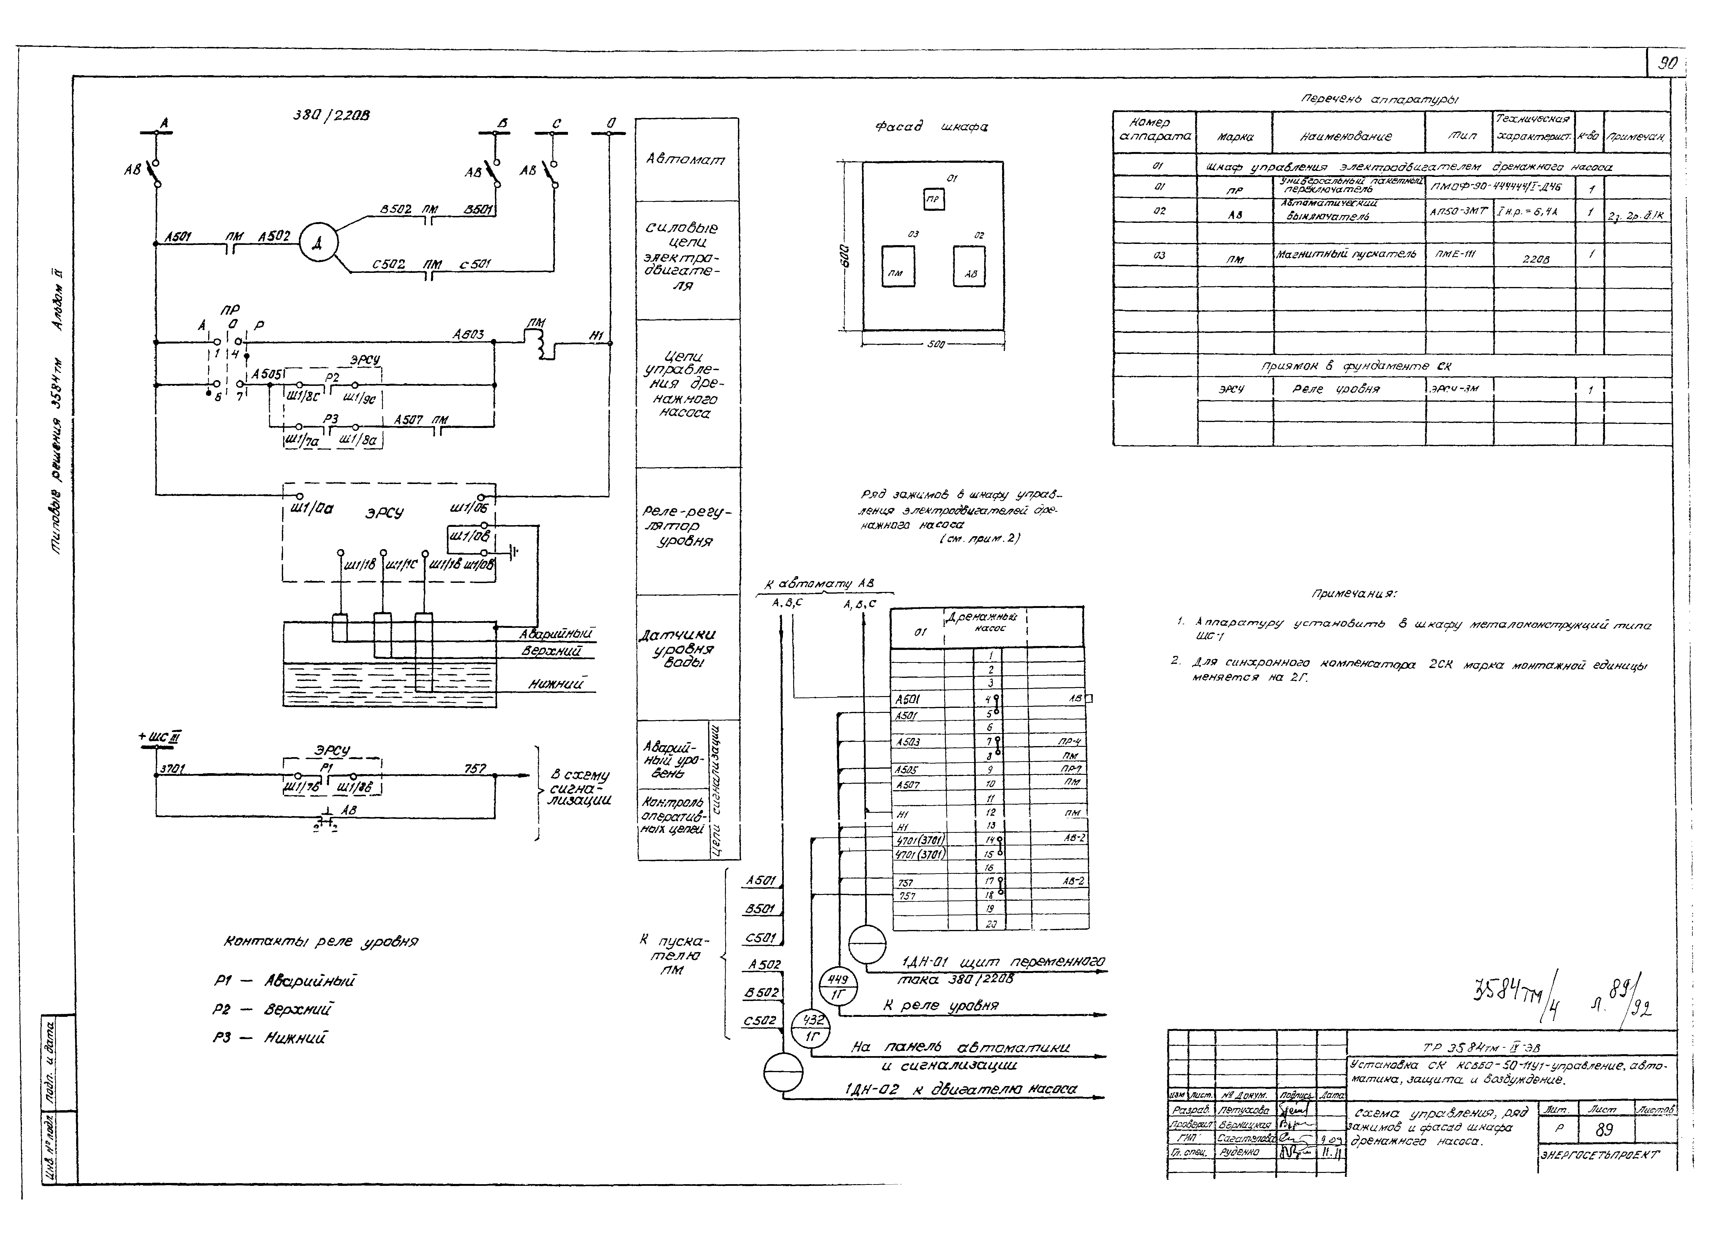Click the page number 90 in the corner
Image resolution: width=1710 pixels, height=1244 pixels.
pos(1666,63)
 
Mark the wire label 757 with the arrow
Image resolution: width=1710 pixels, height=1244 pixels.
pos(475,769)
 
